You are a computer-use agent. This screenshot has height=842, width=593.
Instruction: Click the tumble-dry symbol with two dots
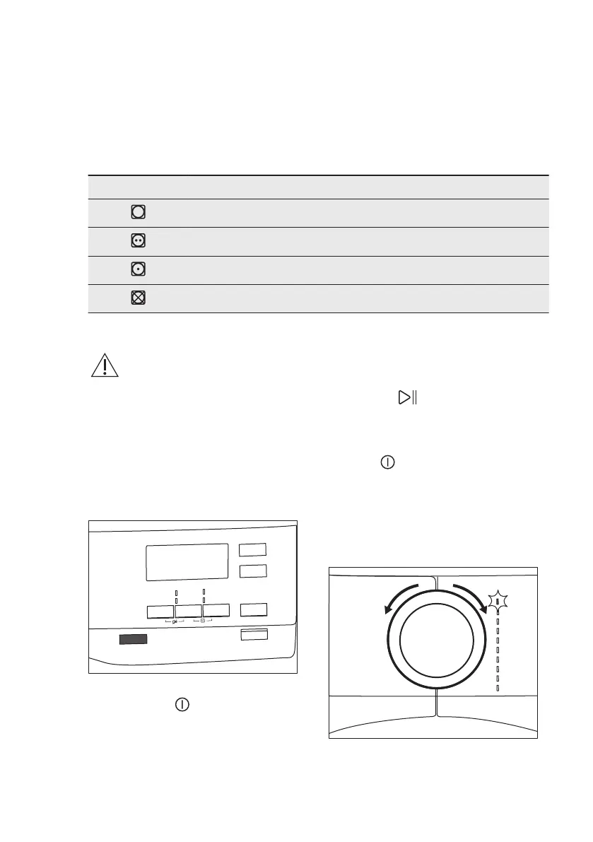(x=138, y=241)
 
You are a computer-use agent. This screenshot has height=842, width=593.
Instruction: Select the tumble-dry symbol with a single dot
(x=138, y=269)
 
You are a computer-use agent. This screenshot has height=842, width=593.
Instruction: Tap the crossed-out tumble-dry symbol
(x=138, y=298)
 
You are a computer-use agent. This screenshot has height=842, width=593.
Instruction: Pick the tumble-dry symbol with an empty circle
(x=138, y=212)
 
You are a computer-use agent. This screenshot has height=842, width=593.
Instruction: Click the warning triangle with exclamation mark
(x=103, y=366)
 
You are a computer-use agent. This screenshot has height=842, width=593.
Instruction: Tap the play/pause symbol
(x=407, y=398)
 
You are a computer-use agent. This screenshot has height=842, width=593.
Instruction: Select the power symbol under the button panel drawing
(x=182, y=705)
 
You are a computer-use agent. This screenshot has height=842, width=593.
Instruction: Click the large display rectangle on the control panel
(x=187, y=563)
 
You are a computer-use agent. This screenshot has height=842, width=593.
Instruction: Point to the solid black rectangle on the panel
(x=133, y=639)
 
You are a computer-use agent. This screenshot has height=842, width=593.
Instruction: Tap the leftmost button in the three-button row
(x=160, y=612)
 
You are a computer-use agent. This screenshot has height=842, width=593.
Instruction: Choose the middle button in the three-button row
(x=188, y=612)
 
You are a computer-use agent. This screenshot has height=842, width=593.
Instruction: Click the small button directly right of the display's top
(x=252, y=550)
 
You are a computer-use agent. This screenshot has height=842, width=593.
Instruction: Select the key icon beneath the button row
(x=203, y=621)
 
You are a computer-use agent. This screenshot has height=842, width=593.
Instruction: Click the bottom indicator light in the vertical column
(x=498, y=688)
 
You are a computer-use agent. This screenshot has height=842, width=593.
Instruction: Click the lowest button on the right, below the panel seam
(x=254, y=635)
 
